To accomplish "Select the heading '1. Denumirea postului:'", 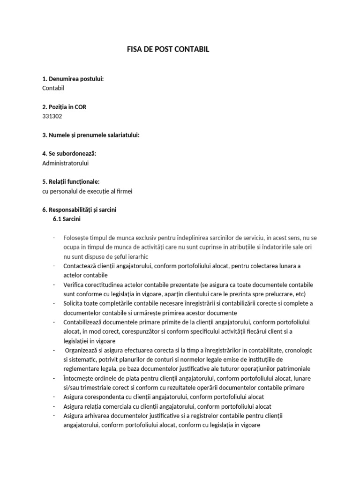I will click(73, 79).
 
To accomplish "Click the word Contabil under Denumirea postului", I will click(53, 88).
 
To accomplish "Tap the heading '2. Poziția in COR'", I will click(64, 107).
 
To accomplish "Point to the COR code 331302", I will click(52, 116).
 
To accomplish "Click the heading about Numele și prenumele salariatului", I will click(91, 135).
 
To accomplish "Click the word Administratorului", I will click(66, 163).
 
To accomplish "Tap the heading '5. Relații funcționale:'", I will click(71, 181).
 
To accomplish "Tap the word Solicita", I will click(74, 303).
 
